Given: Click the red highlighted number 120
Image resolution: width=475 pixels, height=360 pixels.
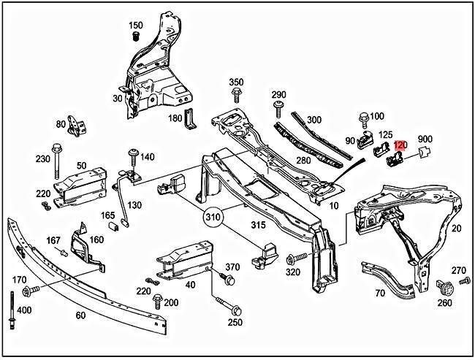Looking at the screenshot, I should pos(400,145).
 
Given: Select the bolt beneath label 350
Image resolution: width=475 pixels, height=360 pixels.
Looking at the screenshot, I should pos(236,95).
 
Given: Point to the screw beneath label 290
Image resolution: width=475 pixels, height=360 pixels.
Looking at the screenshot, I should pos(278,110).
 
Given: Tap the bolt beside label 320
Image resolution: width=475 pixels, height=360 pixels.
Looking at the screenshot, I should pos(292,258).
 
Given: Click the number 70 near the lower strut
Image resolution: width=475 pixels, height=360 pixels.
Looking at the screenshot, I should pos(379,294).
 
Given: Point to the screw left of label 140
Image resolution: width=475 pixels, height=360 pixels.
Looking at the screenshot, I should pos(133,156).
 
